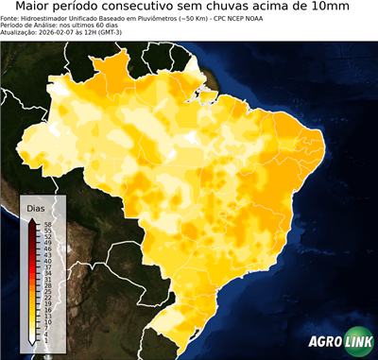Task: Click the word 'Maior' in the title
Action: pos(37,8)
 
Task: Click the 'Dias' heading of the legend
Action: pos(36,207)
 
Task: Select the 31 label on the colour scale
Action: pos(47,280)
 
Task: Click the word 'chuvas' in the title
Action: pos(258,8)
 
